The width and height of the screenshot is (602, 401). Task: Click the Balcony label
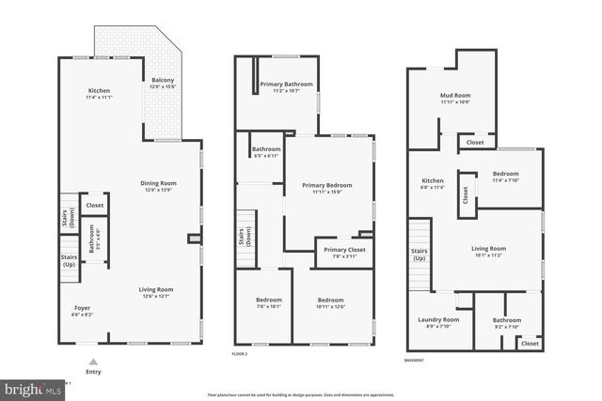(x=163, y=80)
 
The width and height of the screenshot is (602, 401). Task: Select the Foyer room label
(x=83, y=308)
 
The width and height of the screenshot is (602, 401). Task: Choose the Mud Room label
(x=454, y=96)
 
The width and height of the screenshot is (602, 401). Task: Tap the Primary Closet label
(x=341, y=250)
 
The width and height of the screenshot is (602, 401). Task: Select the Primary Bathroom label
(x=286, y=85)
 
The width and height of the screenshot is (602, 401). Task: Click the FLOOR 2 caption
(x=239, y=354)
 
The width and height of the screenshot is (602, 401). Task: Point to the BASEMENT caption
(x=414, y=361)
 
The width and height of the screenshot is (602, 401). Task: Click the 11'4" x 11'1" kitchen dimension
(x=99, y=97)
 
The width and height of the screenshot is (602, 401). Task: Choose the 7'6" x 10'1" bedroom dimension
(x=268, y=306)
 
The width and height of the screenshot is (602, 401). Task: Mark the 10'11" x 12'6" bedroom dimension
(x=331, y=306)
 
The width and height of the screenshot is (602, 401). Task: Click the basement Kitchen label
(x=433, y=180)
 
